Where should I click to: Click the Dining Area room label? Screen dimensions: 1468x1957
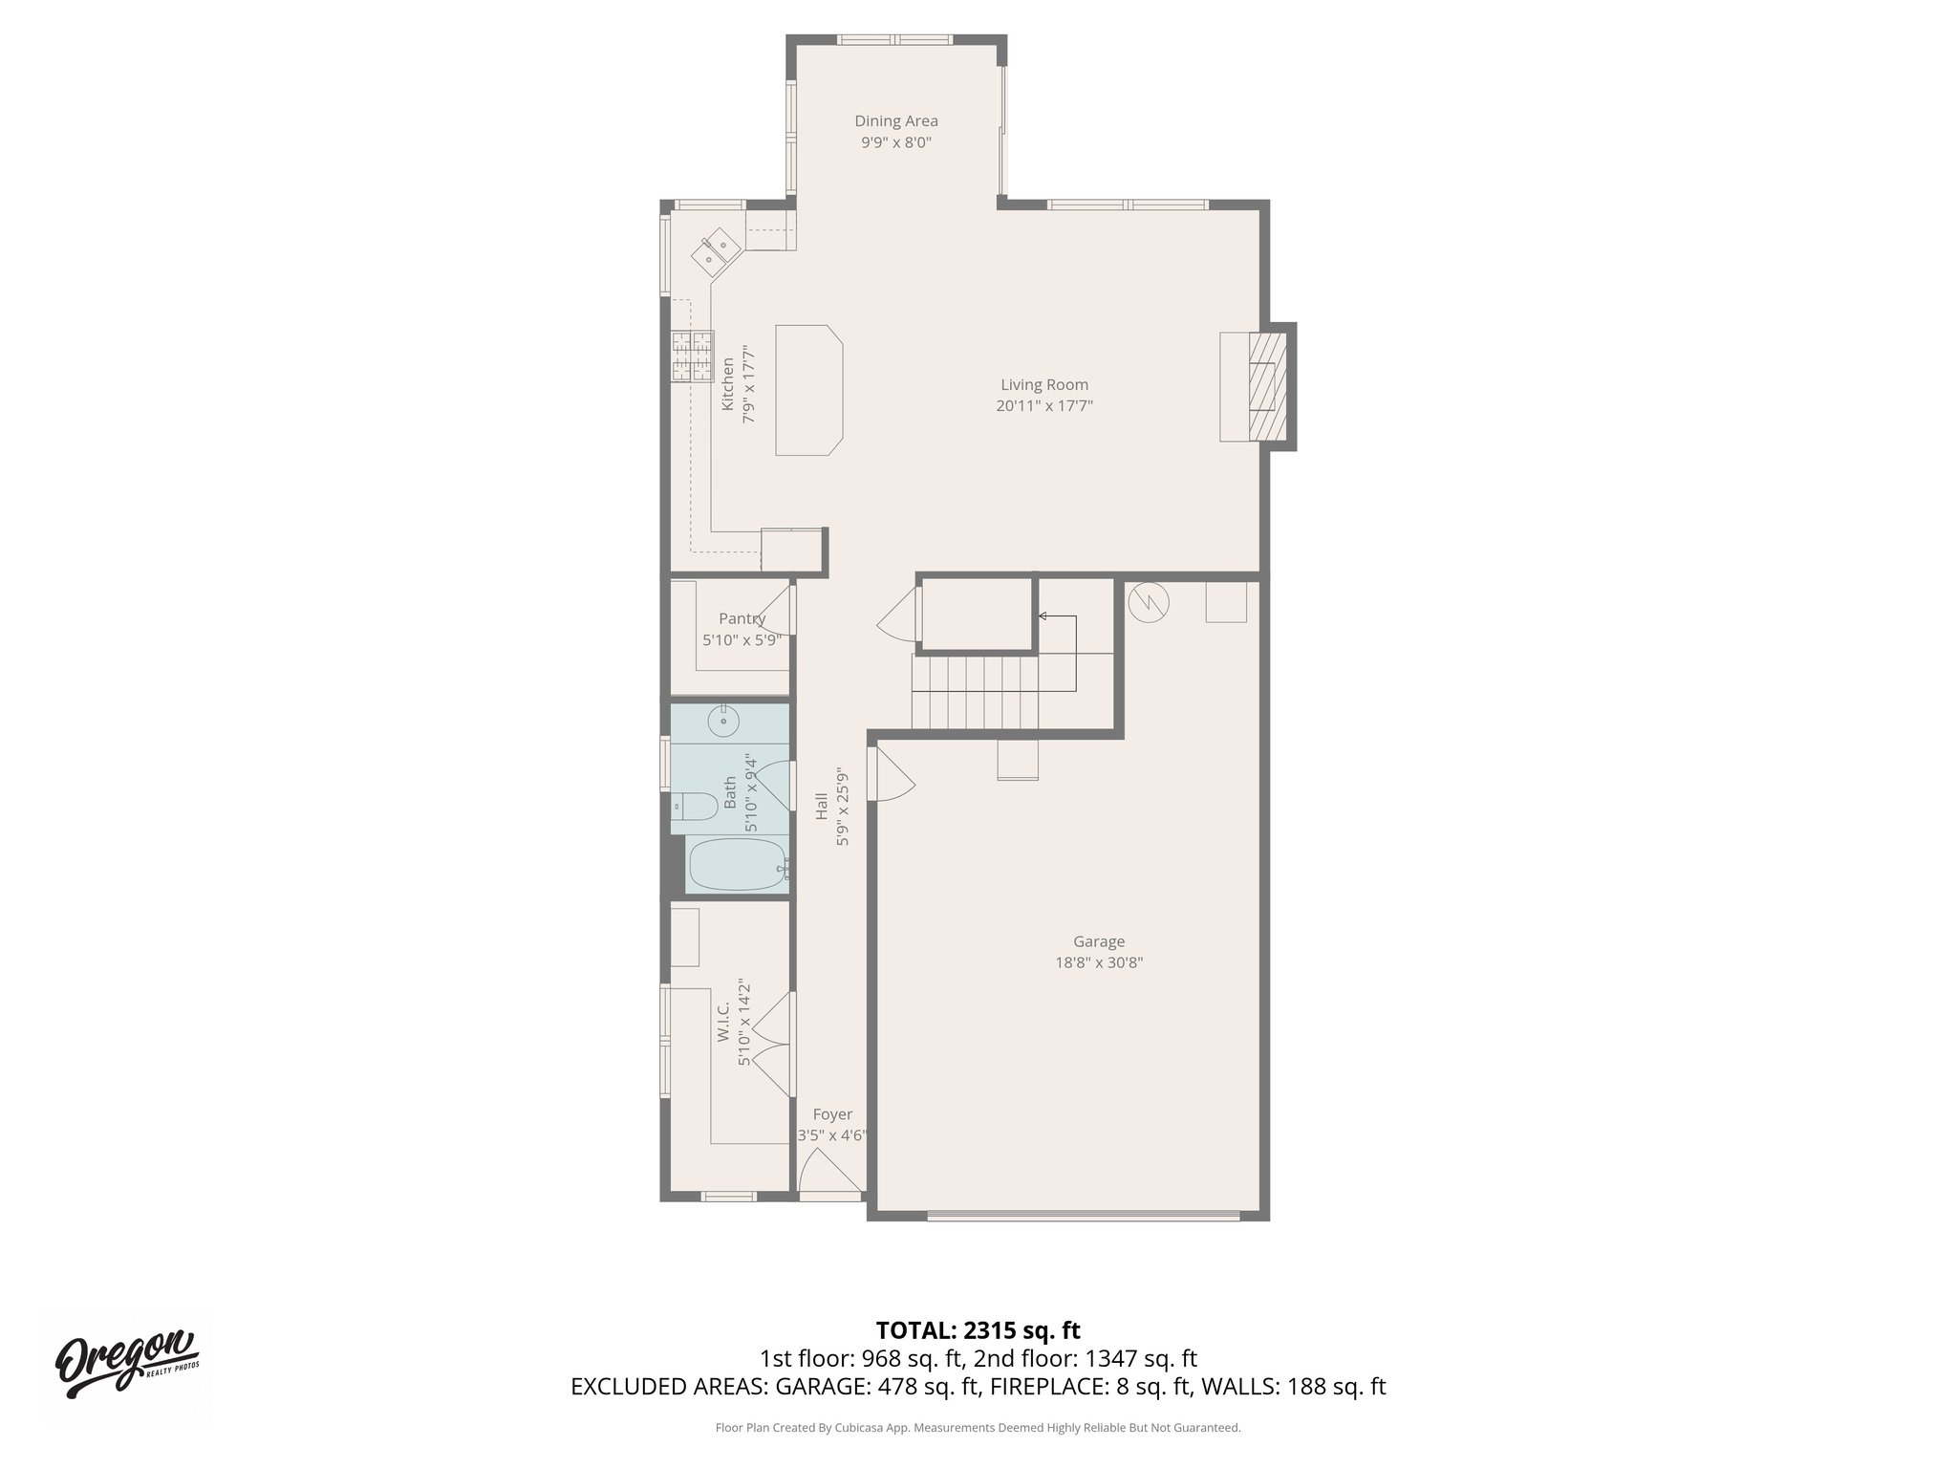pos(895,121)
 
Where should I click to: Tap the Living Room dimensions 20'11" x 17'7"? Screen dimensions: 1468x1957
pos(1043,405)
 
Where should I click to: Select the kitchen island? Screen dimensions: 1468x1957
pos(809,390)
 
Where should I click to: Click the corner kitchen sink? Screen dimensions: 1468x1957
pos(717,251)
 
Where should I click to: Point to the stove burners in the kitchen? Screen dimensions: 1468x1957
pos(693,356)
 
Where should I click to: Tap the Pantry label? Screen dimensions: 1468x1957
pos(742,618)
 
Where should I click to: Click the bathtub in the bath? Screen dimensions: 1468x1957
pos(737,865)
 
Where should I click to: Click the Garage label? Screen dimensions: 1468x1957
pos(1098,941)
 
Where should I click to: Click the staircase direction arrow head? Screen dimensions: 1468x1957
pos(1043,616)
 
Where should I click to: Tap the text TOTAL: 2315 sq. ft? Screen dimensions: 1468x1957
pos(978,1329)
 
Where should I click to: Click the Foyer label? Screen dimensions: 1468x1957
pos(832,1114)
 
